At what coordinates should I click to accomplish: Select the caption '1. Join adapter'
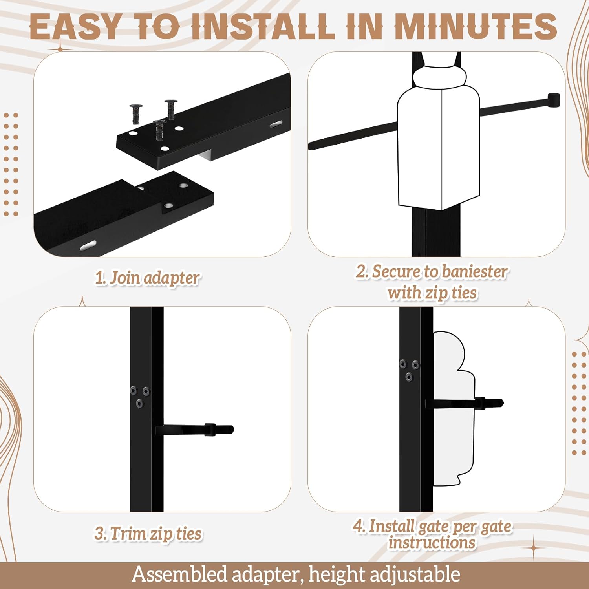(x=148, y=278)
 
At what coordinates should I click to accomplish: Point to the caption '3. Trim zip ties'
(x=148, y=534)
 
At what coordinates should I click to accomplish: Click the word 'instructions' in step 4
(x=432, y=543)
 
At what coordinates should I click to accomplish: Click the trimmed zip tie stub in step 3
(x=195, y=430)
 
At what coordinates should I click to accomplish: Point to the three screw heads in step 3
(x=139, y=396)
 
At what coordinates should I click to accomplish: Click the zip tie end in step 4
(x=489, y=403)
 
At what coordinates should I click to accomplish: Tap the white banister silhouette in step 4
(x=454, y=408)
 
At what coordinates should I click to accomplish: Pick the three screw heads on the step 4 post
(x=409, y=370)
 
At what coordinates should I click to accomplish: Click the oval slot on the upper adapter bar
(x=276, y=124)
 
